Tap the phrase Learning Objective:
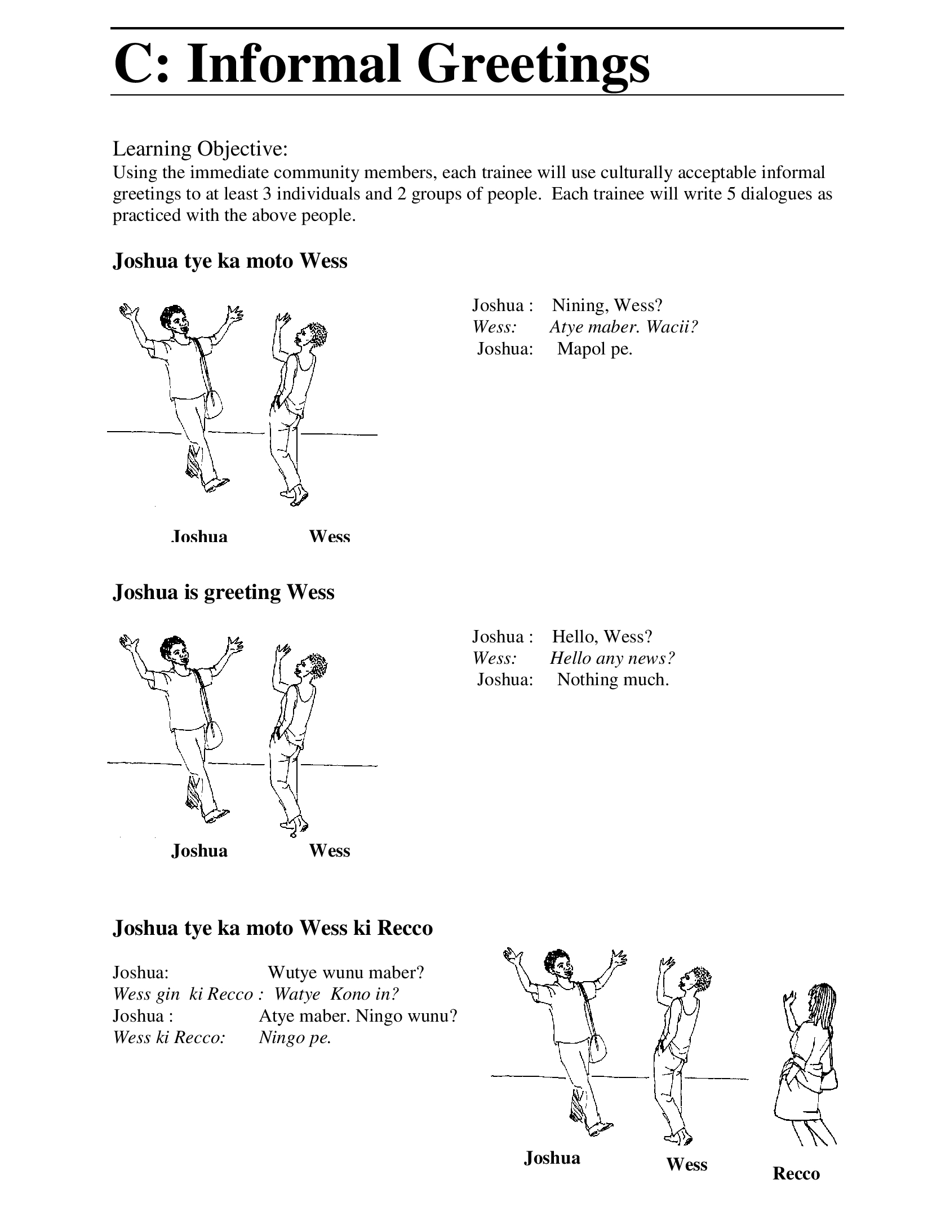coord(201,149)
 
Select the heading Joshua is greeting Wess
coord(224,592)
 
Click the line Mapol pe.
coord(594,349)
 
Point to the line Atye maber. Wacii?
coord(624,327)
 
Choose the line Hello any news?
coord(612,658)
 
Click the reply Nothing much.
coord(613,680)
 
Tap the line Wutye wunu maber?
coord(345,972)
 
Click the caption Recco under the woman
coord(796,1173)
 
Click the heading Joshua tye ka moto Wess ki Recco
coord(273,928)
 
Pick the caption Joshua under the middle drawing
coord(199,850)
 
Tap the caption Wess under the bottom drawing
coord(686,1164)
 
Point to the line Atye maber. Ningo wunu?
coord(358,1016)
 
